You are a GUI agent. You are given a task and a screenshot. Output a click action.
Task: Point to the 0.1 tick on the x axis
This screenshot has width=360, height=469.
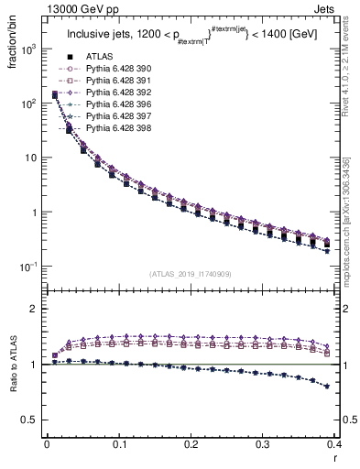click(x=119, y=445)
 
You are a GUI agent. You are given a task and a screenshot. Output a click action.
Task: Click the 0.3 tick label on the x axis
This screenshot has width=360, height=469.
click(x=263, y=445)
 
